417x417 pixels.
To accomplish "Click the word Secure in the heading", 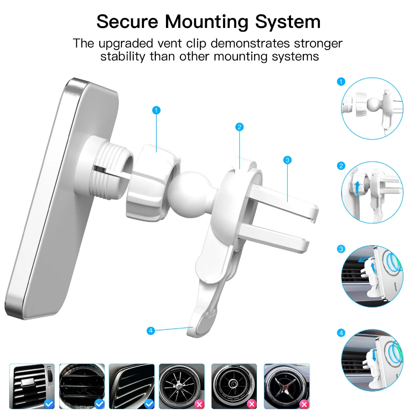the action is tap(127, 21).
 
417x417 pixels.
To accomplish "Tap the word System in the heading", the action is tap(288, 22).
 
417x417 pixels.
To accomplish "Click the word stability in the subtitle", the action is tap(123, 56).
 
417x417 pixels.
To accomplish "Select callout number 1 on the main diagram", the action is tap(156, 110).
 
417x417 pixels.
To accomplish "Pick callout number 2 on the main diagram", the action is tap(239, 127).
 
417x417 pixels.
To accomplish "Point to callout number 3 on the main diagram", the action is tap(287, 160).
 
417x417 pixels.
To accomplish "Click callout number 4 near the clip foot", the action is tap(151, 331).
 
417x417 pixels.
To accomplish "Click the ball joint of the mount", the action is tap(191, 195).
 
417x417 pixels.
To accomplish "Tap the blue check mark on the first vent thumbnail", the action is tap(49, 404).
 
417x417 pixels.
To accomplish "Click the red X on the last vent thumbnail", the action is tap(304, 404).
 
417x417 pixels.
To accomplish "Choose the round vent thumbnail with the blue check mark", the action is tap(82, 386).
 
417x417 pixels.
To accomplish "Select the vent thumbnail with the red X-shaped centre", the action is tap(287, 386).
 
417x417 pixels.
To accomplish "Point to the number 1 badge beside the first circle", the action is tap(341, 82).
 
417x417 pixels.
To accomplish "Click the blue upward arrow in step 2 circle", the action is tap(358, 188).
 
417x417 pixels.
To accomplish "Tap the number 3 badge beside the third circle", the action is tap(341, 249).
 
